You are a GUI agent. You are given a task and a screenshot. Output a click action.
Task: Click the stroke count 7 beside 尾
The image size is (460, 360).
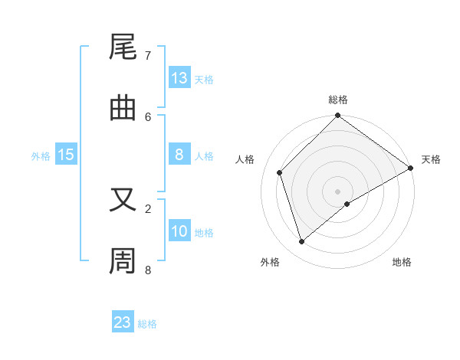(x=148, y=56)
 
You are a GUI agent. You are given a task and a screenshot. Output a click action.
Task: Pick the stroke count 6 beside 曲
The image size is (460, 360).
(x=148, y=116)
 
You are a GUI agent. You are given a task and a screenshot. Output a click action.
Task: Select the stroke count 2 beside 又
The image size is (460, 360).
(x=148, y=208)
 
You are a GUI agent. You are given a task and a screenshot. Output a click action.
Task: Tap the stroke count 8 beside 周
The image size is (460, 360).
(x=148, y=270)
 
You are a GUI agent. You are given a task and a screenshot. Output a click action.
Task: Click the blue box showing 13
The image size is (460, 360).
(x=179, y=78)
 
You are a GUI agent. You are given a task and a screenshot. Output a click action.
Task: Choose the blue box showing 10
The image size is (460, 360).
(x=179, y=231)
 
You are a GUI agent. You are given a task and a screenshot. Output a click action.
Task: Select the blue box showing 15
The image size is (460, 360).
(x=66, y=155)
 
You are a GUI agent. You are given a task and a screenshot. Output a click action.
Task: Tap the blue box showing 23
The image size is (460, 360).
(x=123, y=322)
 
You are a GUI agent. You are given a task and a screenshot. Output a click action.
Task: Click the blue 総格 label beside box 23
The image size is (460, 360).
(x=147, y=324)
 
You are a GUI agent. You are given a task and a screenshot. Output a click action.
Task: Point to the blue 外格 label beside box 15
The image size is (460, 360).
(x=41, y=156)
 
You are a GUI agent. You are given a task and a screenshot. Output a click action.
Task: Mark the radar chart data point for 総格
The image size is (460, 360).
(x=337, y=116)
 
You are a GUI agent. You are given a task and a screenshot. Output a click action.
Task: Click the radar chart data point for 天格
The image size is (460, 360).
(x=410, y=168)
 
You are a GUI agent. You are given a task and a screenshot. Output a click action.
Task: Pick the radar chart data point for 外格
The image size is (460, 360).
(x=301, y=241)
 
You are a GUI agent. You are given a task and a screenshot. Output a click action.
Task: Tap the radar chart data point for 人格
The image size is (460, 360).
(x=280, y=172)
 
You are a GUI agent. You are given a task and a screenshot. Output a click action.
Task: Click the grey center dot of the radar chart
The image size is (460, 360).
(x=337, y=191)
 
